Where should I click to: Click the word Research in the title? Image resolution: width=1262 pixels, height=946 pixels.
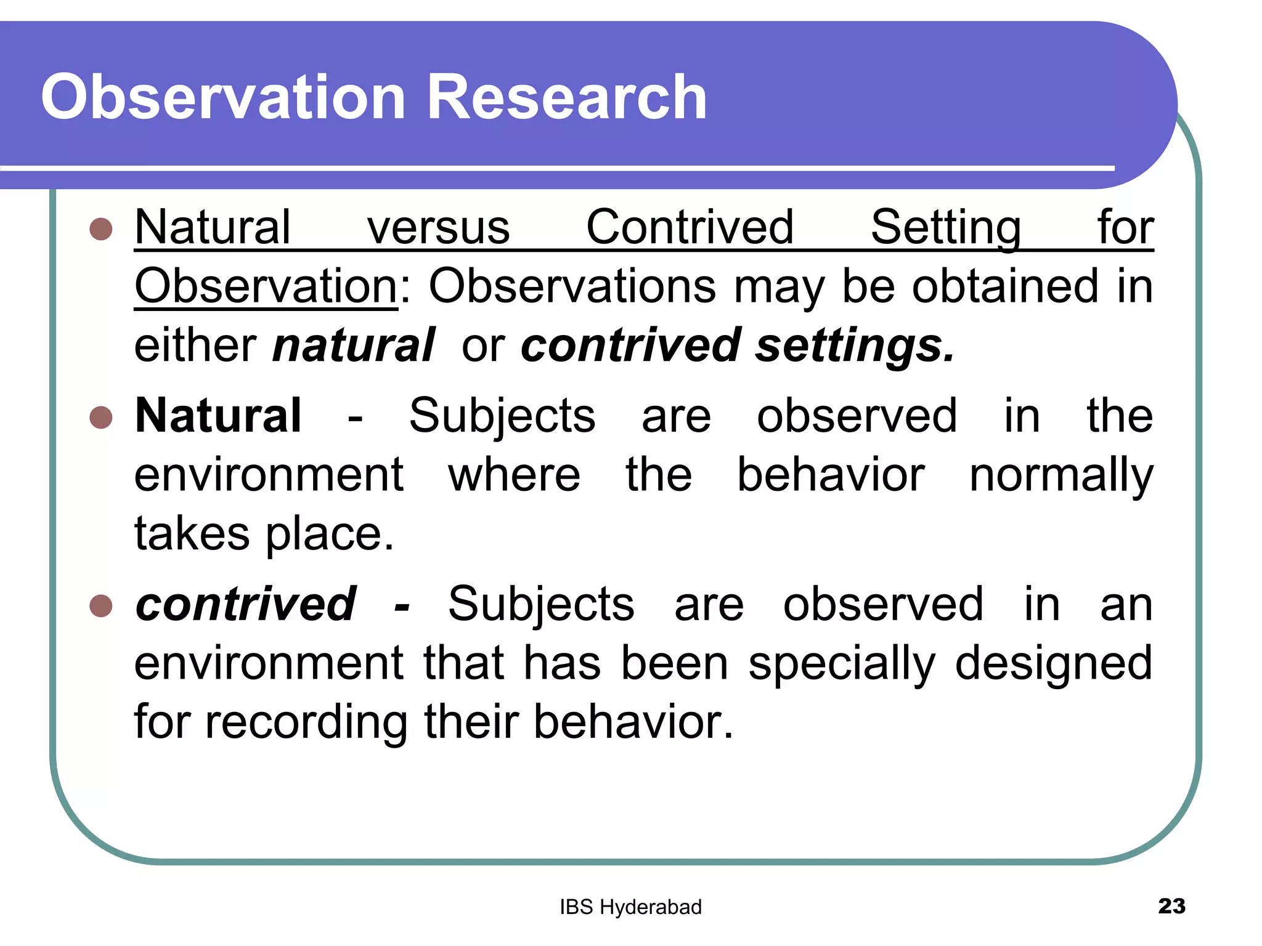point(566,97)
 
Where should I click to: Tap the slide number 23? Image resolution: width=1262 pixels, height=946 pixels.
point(1171,906)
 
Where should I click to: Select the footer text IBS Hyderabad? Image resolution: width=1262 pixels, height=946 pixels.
point(630,907)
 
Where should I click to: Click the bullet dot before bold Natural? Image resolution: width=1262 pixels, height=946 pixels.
point(101,418)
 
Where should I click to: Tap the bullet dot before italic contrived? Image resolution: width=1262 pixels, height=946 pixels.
point(101,605)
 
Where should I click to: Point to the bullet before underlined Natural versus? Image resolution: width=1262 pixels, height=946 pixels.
point(101,229)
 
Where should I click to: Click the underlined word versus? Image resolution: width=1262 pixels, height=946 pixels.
point(438,228)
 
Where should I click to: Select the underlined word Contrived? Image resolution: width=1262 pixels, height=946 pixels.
point(690,228)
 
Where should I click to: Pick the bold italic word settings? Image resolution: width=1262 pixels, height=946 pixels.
point(855,346)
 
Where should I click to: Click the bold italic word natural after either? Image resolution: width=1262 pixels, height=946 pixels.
point(353,346)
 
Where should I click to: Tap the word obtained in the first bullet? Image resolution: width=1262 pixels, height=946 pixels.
point(1005,286)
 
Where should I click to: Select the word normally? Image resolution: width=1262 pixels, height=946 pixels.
point(1060,476)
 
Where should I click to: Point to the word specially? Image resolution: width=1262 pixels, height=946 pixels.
point(842,664)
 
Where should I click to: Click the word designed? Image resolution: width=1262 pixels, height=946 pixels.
point(1053,664)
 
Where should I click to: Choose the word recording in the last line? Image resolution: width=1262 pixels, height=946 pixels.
point(306,722)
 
